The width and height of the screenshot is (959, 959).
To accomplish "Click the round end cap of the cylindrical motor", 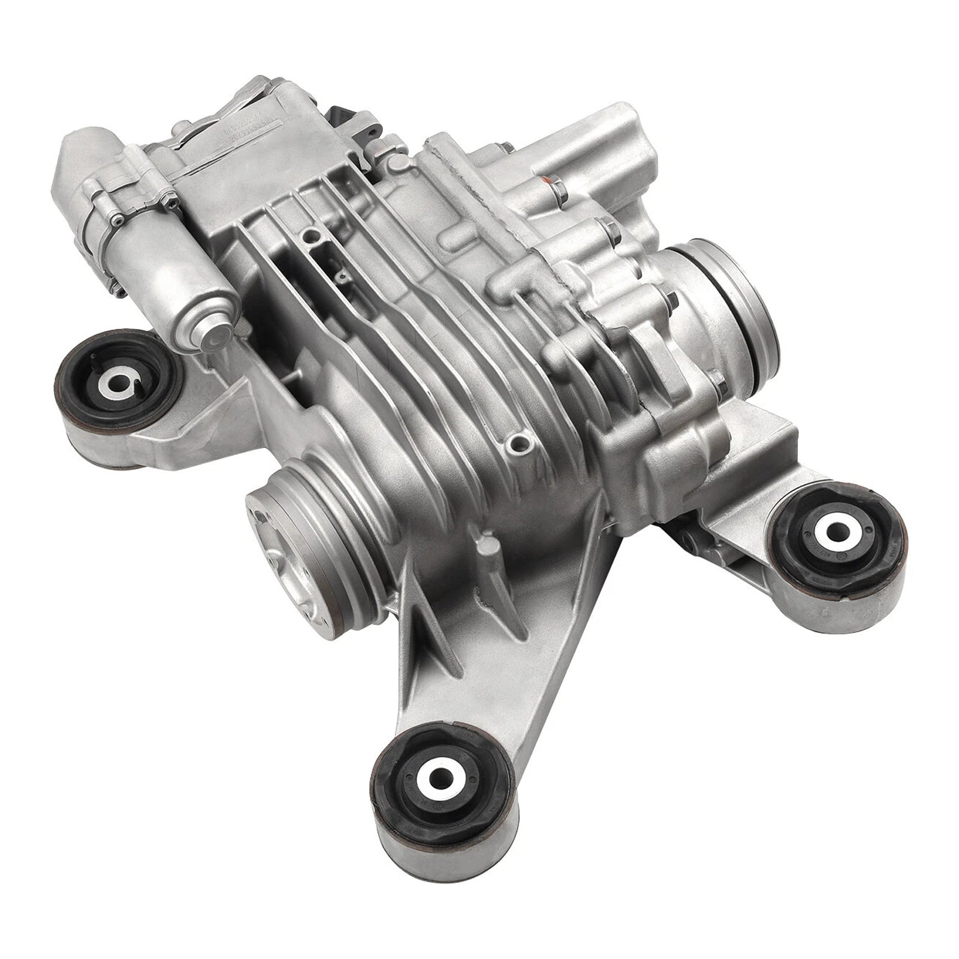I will pos(216,336).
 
